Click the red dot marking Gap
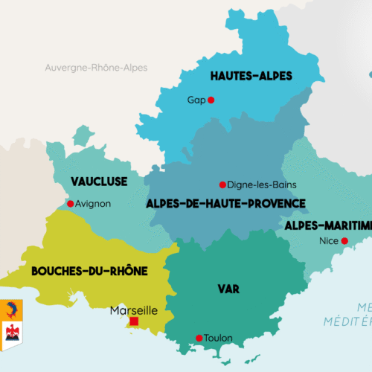click(x=211, y=100)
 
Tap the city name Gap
click(x=196, y=100)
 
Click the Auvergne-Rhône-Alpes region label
click(x=96, y=68)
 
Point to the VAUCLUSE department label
click(x=99, y=182)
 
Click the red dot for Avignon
click(x=70, y=203)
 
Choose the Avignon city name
click(x=93, y=203)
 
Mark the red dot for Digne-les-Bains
click(x=222, y=185)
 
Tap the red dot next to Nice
click(x=344, y=241)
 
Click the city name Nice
click(x=327, y=241)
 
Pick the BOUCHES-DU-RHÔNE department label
click(x=89, y=272)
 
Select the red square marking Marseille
click(x=135, y=321)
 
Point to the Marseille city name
click(x=133, y=310)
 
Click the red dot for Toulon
click(x=199, y=339)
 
